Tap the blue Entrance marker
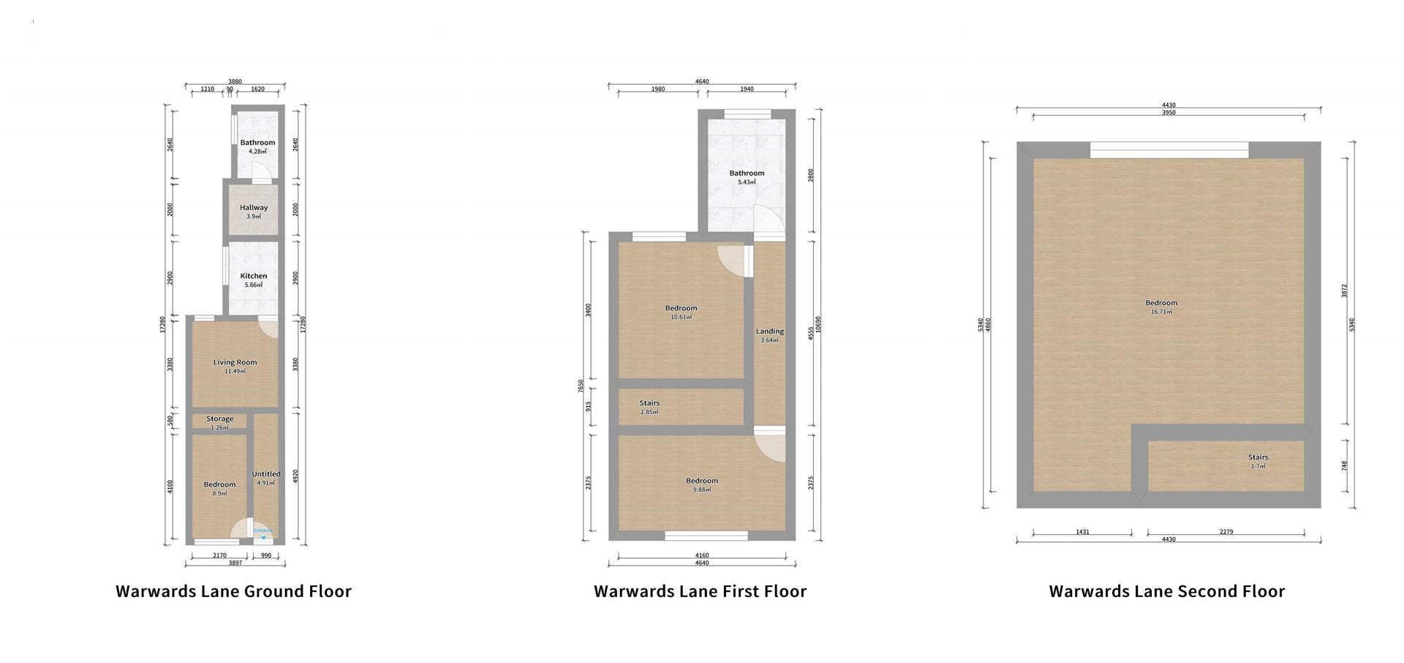click(x=263, y=533)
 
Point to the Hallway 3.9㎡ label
click(x=254, y=211)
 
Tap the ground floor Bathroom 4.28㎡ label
click(x=257, y=146)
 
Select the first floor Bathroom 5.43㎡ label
click(x=746, y=177)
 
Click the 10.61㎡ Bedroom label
click(x=681, y=312)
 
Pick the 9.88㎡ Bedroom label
click(x=701, y=484)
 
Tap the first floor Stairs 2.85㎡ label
click(x=649, y=407)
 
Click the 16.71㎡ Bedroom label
click(x=1161, y=307)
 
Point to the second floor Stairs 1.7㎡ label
click(x=1258, y=461)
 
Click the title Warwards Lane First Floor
click(x=700, y=591)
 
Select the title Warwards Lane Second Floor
click(x=1166, y=591)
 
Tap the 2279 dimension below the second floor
click(x=1226, y=532)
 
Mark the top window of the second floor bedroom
click(x=1169, y=150)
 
